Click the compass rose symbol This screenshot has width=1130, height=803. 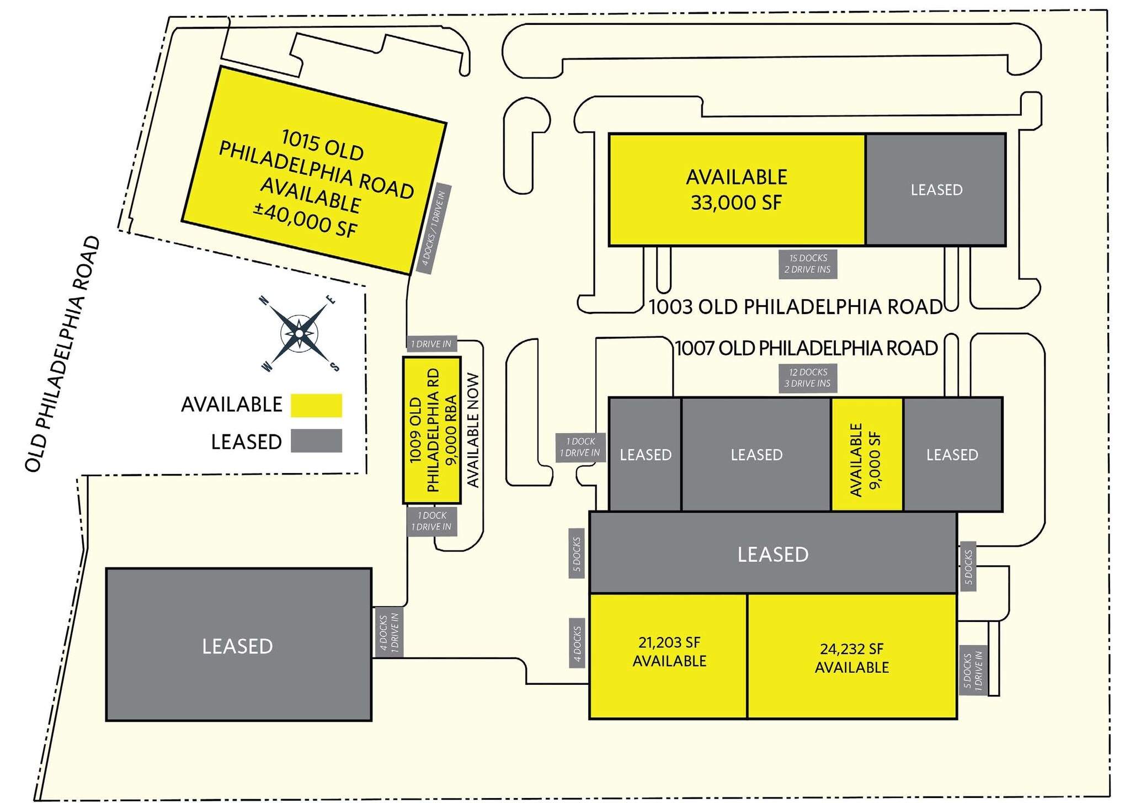(299, 333)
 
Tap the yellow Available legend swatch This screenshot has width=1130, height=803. (316, 405)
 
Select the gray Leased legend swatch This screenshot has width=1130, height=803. (316, 441)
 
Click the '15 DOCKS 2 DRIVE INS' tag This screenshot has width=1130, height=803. (808, 264)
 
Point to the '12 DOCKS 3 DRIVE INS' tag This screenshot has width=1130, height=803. (808, 378)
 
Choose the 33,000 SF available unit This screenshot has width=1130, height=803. (737, 190)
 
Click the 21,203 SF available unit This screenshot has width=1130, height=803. (669, 656)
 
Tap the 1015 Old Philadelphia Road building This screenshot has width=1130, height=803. (314, 170)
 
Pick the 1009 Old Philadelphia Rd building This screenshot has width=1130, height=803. (432, 430)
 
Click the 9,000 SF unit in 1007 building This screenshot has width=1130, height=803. (867, 454)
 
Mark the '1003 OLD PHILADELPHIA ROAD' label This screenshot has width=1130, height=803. (796, 307)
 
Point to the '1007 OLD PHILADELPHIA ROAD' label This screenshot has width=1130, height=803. (807, 348)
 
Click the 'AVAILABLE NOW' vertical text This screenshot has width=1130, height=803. (473, 430)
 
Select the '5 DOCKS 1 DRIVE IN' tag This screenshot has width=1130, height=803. (973, 671)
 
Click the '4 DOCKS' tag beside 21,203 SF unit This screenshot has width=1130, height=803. (577, 643)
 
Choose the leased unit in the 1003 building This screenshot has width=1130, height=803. (936, 190)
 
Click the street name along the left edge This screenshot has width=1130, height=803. (62, 354)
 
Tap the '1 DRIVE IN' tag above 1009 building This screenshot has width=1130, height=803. (431, 344)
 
